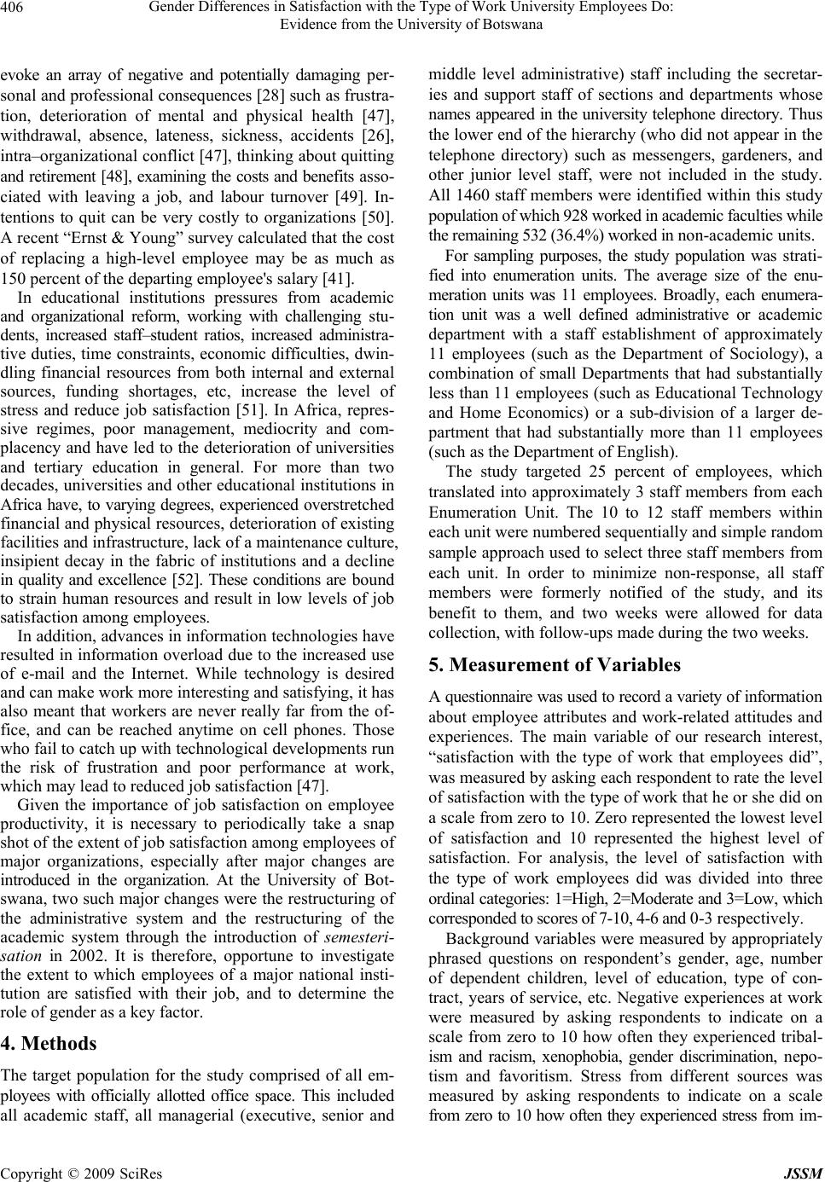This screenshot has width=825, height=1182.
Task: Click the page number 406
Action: pyautogui.click(x=15, y=9)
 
